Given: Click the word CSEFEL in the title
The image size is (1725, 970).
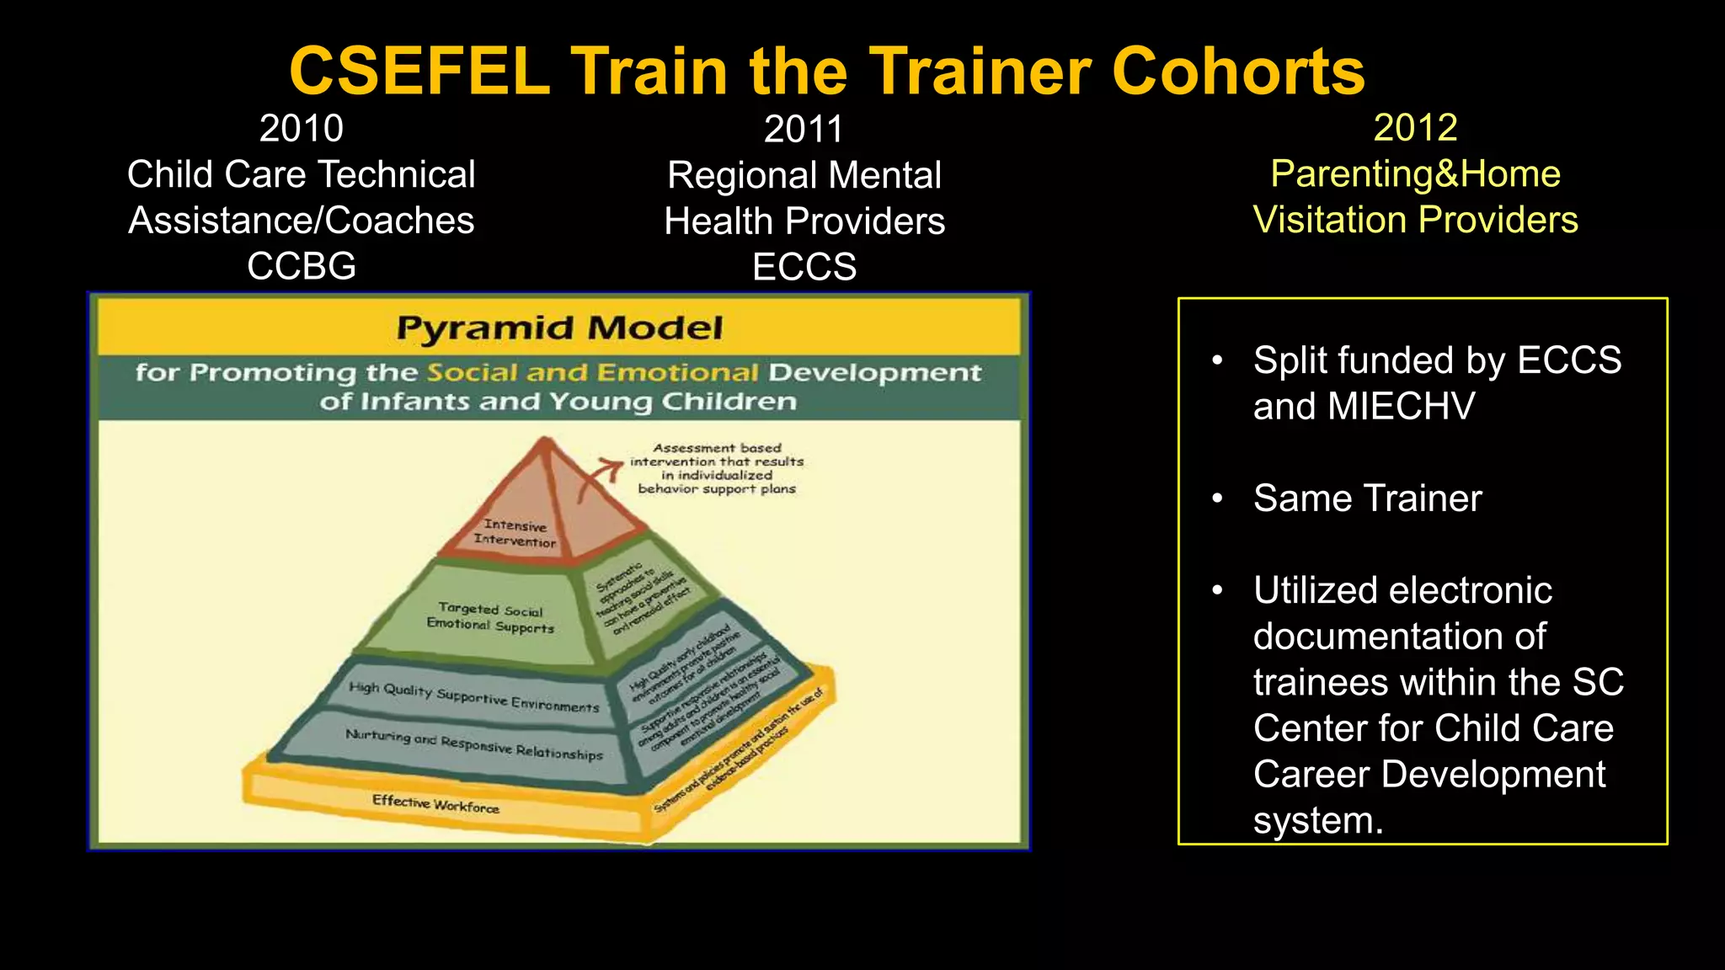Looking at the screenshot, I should tap(419, 72).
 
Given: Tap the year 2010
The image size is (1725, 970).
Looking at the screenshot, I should tap(301, 129).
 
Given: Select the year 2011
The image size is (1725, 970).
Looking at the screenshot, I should tap(804, 130).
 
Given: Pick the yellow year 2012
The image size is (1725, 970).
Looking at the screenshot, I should tap(1415, 128).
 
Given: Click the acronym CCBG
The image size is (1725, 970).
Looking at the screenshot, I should tap(301, 267).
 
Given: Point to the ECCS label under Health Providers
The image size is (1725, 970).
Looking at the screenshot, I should tap(804, 268).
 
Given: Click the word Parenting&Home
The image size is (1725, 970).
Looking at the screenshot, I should tap(1415, 174).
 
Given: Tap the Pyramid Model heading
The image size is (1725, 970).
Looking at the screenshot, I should tap(559, 328).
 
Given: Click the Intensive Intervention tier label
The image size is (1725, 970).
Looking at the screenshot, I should tap(515, 534).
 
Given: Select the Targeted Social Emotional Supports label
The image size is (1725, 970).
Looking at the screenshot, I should tap(490, 618).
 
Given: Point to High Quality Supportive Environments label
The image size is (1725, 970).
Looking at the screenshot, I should tap(473, 697).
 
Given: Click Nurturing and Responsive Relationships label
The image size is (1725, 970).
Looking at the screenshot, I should tap(473, 744).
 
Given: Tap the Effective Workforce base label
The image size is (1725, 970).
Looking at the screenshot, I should tap(435, 804).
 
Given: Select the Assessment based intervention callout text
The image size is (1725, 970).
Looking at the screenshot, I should tap(717, 468).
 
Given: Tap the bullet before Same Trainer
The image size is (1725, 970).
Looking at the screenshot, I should tap(1217, 498).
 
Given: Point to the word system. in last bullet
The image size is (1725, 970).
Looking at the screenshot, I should tap(1318, 821).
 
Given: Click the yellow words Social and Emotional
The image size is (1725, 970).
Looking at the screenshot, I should tap(592, 372).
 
